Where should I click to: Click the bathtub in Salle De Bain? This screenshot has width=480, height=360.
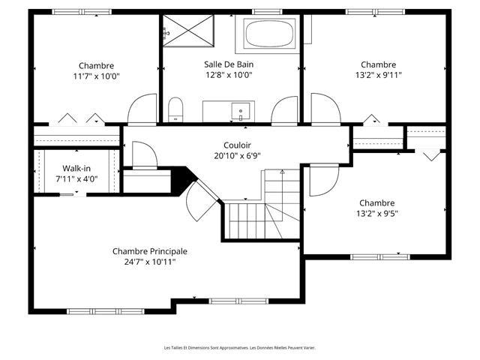[269, 34]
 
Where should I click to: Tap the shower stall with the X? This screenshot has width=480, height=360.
[188, 31]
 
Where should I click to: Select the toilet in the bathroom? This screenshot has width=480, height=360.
[175, 110]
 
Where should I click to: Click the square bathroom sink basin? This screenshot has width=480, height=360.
[241, 111]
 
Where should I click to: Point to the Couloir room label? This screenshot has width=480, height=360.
[237, 145]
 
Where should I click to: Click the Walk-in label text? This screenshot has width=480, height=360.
[76, 168]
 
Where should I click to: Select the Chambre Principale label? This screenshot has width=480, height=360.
[150, 251]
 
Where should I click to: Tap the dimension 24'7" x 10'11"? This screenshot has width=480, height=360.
[150, 262]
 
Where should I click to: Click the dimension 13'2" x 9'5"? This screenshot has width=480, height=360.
[377, 213]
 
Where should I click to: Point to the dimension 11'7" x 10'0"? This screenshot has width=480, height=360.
[97, 76]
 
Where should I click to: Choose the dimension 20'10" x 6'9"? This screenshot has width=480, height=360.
[237, 156]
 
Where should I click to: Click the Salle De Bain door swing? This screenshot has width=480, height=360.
[284, 110]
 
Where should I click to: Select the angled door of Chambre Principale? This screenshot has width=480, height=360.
[199, 200]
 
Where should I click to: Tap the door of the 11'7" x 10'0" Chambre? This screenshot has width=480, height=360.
[142, 109]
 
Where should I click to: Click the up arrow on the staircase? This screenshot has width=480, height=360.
[282, 172]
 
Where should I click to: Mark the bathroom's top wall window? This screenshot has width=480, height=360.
[267, 12]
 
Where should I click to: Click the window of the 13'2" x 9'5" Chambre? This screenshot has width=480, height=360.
[380, 256]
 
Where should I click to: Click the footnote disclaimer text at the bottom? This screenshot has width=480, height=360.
[240, 348]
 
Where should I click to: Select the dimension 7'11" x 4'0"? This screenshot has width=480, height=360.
[76, 178]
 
